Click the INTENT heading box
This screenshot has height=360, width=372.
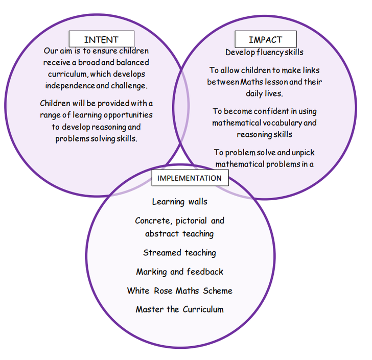(101, 39)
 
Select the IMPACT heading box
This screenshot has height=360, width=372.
(265, 39)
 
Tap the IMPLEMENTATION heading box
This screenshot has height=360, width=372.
(190, 178)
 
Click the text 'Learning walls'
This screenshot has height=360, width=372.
(180, 202)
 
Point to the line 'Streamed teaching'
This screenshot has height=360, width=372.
(179, 253)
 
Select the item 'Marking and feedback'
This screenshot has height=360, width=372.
(179, 272)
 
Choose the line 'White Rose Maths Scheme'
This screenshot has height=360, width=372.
(179, 291)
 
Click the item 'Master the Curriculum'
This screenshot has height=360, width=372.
(179, 309)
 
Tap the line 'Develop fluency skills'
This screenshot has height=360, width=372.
(264, 52)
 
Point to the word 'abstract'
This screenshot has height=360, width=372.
(161, 234)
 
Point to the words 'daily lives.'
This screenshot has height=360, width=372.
(264, 93)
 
